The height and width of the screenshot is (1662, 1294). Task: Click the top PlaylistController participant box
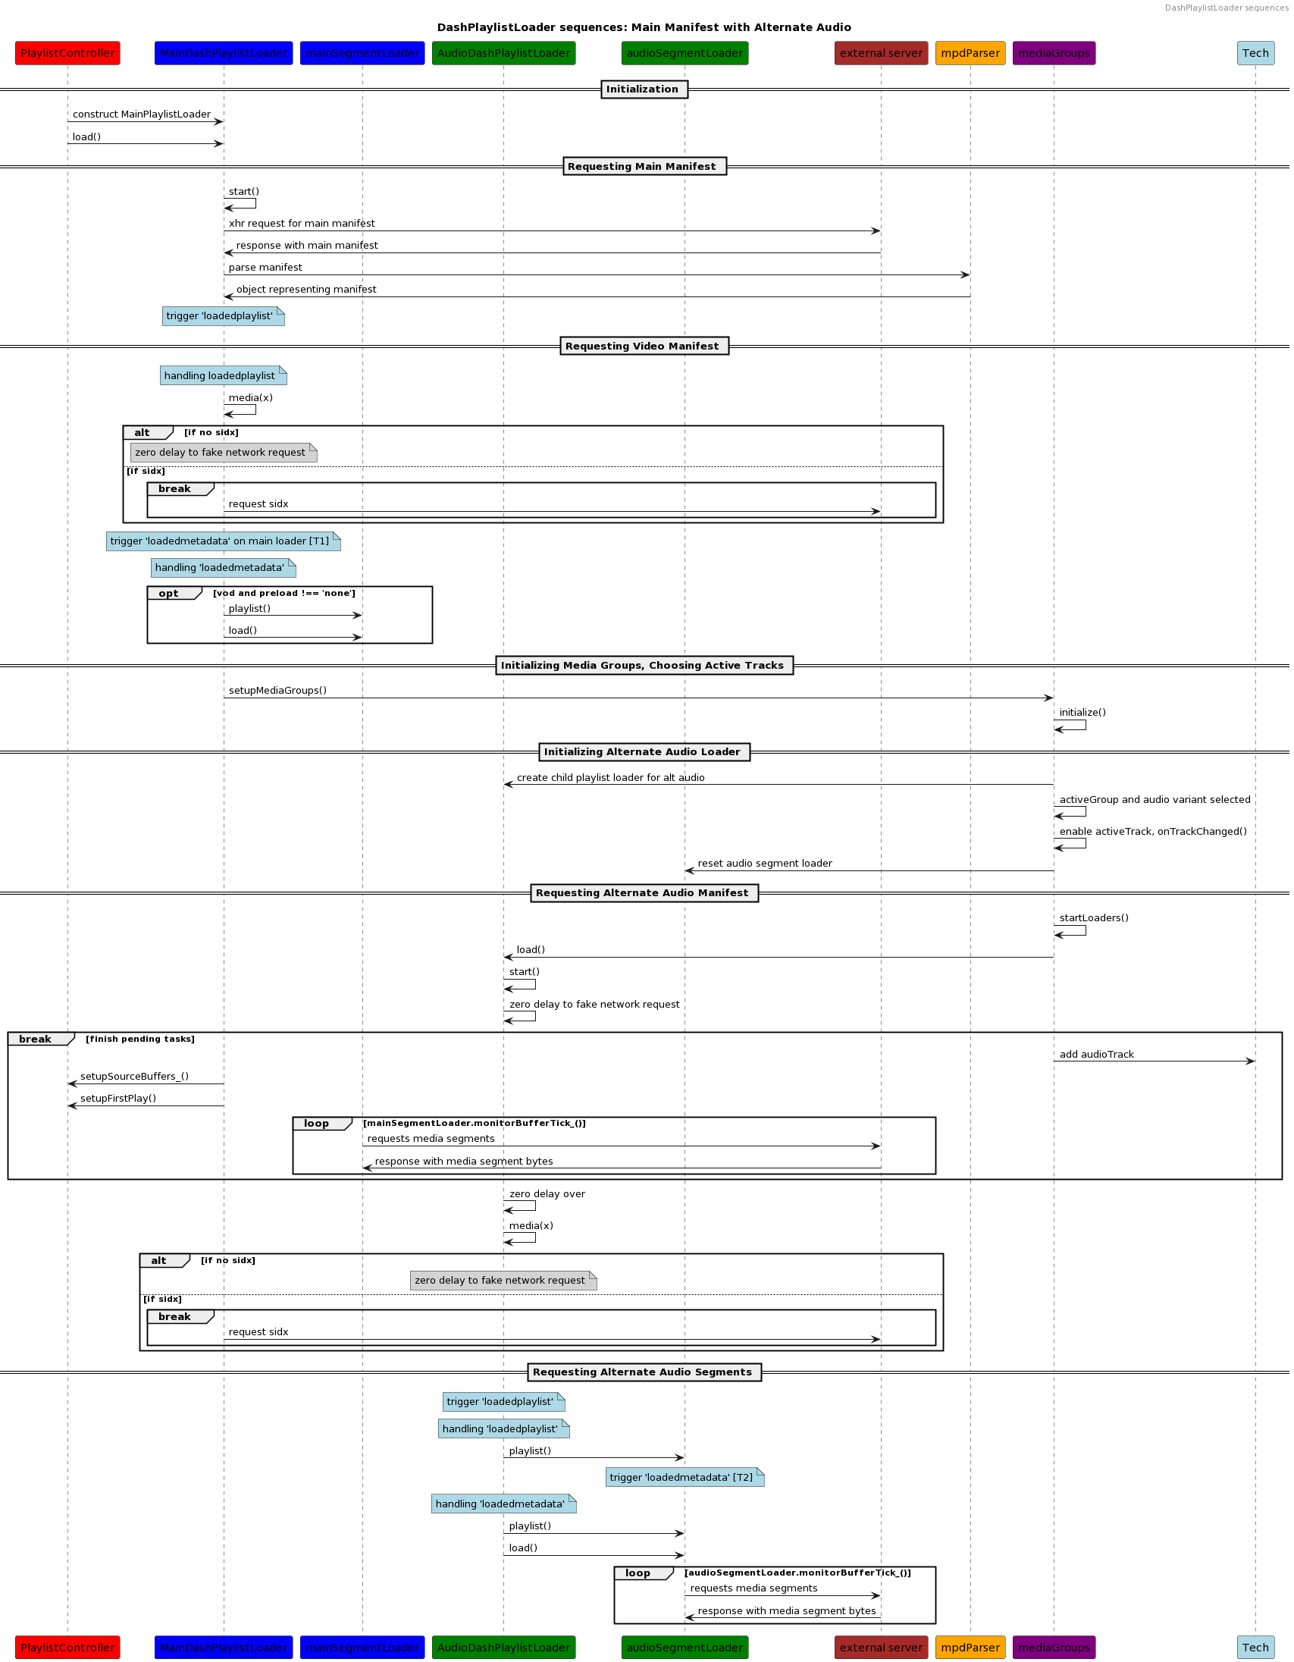[x=67, y=53]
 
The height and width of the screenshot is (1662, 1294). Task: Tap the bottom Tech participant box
[x=1255, y=1647]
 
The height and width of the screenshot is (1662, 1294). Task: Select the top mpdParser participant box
[x=970, y=53]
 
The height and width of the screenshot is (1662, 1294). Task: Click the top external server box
[x=881, y=53]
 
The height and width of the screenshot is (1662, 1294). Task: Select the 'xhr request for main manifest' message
[x=302, y=224]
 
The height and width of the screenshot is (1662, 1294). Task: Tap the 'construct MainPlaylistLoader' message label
[x=142, y=115]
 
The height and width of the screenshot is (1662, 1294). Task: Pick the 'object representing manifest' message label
[x=305, y=290]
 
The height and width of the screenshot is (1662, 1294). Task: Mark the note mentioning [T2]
[x=683, y=1477]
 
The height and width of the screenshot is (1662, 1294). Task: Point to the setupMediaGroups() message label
[x=277, y=691]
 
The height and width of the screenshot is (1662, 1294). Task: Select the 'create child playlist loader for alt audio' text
[x=610, y=778]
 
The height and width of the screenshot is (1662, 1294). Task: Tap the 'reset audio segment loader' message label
[x=765, y=864]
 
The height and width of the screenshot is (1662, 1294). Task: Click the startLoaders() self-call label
[x=1093, y=918]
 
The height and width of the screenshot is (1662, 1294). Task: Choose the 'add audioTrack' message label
[x=1096, y=1055]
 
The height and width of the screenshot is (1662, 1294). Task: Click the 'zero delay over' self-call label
[x=547, y=1194]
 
